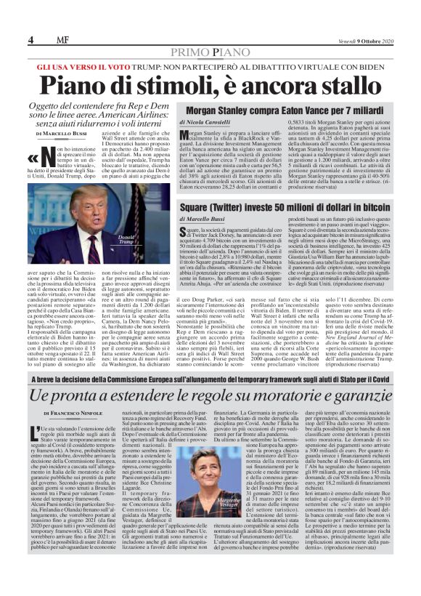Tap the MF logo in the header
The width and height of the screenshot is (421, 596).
coord(62,39)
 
